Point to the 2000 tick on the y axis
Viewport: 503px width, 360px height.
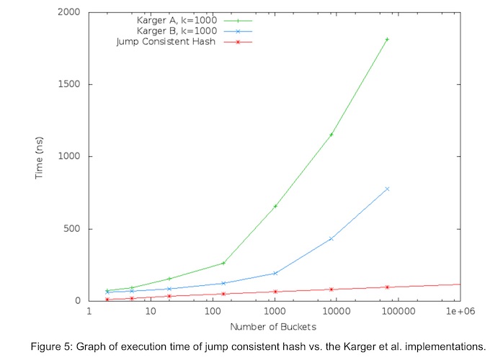click(70, 12)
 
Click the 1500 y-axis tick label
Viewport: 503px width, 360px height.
click(70, 84)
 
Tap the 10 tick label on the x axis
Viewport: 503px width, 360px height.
click(151, 312)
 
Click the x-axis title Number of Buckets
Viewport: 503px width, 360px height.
click(274, 327)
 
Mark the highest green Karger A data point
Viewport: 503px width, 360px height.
click(387, 39)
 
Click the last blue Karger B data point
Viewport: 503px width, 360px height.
click(387, 189)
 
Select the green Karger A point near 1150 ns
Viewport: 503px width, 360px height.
click(331, 135)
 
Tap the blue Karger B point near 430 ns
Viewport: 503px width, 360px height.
click(331, 238)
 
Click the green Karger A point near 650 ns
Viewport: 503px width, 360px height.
click(275, 207)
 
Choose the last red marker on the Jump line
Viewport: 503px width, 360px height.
click(387, 287)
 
